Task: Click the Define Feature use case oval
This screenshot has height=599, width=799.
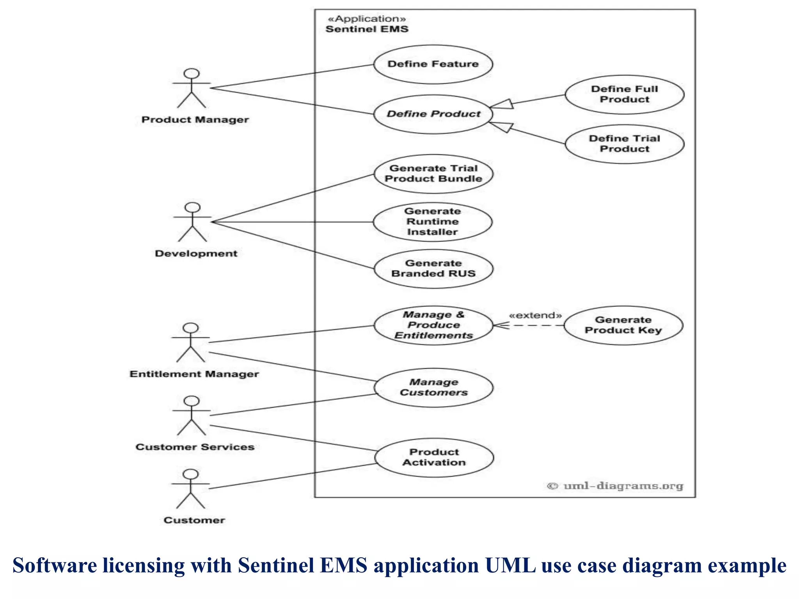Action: click(433, 64)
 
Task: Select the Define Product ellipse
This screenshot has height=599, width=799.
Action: click(433, 114)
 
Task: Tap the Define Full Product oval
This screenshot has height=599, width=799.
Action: click(624, 94)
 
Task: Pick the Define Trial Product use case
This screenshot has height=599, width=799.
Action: click(624, 144)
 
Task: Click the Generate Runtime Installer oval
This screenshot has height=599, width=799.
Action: click(432, 222)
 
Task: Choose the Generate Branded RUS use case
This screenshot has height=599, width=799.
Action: click(433, 269)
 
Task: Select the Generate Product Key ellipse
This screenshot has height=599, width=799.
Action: click(623, 325)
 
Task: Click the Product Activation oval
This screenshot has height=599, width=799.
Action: click(434, 457)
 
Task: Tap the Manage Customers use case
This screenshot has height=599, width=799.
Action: click(433, 388)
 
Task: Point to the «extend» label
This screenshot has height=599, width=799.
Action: click(535, 315)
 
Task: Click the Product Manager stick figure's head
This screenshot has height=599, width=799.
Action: click(192, 74)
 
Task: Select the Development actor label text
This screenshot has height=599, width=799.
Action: click(196, 253)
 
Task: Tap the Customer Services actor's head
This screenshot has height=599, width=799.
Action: click(192, 401)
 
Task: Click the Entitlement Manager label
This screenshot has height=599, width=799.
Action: click(194, 374)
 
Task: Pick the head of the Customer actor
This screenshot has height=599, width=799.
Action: click(191, 474)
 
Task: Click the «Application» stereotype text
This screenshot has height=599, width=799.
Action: click(367, 19)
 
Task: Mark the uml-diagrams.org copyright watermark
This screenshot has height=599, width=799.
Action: click(615, 486)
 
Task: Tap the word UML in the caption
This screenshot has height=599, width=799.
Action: click(510, 565)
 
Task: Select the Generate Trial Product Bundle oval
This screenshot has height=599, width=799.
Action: click(433, 174)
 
